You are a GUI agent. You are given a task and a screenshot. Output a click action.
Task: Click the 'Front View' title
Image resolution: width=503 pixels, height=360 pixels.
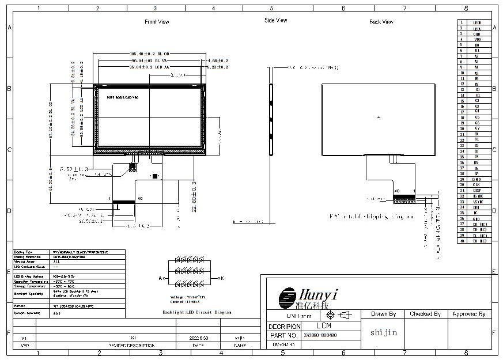156,21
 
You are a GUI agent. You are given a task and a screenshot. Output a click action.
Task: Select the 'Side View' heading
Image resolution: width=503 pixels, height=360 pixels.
275,20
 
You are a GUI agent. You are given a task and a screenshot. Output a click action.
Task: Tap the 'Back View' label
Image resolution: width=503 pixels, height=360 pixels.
381,22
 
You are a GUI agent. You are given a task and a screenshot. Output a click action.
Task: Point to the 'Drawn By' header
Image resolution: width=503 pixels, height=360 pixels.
383,314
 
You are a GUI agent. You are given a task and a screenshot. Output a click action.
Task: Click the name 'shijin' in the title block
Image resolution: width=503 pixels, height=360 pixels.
383,332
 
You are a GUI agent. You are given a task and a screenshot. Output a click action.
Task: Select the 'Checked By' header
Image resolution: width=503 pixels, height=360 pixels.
425,314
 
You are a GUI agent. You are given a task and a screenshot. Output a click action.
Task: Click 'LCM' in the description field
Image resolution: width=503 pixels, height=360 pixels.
323,325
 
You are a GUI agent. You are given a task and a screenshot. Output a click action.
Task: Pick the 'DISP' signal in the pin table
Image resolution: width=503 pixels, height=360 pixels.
476,190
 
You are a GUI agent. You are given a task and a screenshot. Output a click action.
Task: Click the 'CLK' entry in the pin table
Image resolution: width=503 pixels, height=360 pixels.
476,184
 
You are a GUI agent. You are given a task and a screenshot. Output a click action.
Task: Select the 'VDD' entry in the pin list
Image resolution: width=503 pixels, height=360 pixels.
476,39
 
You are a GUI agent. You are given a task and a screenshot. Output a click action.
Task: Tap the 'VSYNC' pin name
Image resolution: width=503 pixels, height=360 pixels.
476,202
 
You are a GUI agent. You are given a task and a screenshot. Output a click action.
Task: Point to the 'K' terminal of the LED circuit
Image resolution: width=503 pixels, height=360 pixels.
222,278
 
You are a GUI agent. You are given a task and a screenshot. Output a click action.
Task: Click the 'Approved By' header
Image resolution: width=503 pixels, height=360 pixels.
468,314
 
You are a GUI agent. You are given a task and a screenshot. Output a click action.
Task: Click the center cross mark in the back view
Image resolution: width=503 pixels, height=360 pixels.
379,118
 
